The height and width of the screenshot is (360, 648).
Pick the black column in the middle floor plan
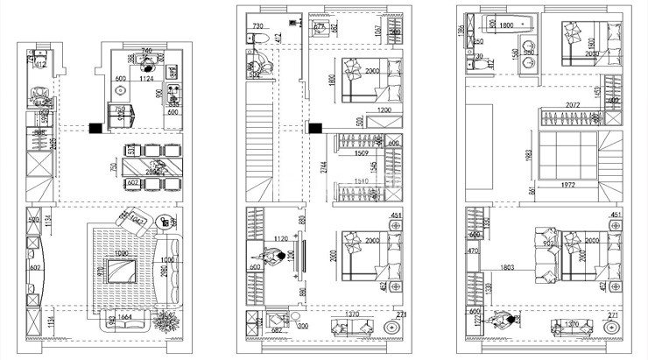tap(312, 128)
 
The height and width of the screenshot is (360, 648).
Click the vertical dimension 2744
tap(324, 166)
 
